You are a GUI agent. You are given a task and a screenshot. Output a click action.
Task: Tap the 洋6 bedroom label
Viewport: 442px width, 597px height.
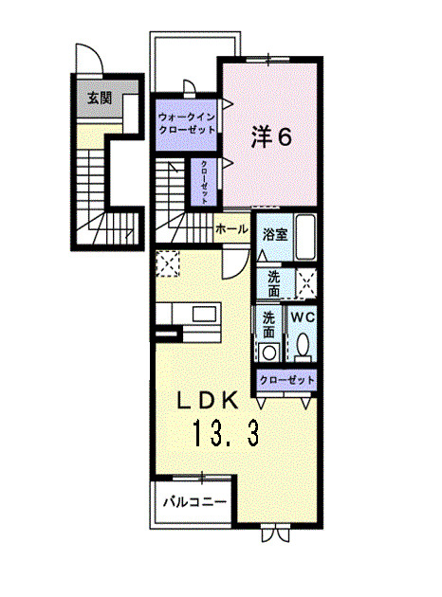[271, 136]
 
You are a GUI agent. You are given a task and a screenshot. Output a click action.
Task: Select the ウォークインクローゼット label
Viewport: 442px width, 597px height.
[188, 123]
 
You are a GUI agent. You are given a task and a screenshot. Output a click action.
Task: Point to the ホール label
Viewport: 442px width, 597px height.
[232, 229]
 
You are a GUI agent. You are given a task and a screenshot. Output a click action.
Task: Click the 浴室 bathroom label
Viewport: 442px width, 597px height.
[275, 234]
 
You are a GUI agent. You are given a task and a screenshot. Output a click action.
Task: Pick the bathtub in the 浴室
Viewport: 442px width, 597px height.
[305, 238]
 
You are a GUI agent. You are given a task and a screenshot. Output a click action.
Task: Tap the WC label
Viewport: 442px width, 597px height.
[302, 317]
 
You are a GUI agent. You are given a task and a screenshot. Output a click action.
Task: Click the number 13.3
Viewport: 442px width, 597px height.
[227, 437]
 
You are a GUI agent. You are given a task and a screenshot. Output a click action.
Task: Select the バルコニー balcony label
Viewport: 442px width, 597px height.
[193, 499]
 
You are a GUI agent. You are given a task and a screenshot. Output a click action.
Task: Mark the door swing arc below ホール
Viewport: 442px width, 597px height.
[231, 264]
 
